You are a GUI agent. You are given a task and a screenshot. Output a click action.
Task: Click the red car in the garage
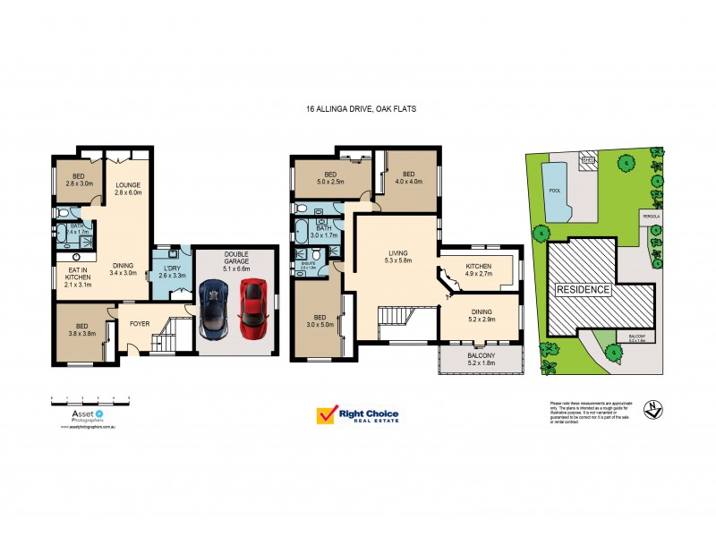click(254, 304)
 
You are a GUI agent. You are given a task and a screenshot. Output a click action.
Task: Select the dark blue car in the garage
click(217, 308)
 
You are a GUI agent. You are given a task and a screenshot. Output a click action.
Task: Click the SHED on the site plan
click(588, 162)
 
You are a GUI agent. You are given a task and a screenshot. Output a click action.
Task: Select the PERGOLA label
click(650, 216)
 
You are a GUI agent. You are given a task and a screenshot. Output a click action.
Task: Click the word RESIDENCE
click(583, 290)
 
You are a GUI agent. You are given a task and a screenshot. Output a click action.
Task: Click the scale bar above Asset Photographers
click(90, 396)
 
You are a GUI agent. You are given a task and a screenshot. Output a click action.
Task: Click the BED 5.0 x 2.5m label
click(330, 178)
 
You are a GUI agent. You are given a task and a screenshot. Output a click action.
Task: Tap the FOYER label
click(140, 323)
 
